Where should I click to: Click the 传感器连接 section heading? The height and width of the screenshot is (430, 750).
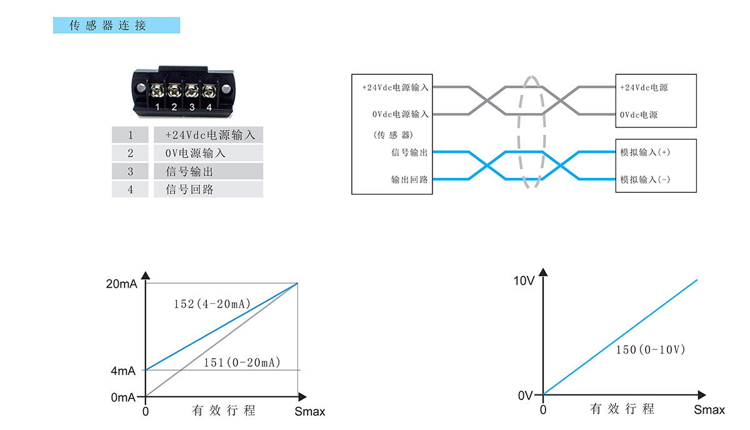click(x=116, y=26)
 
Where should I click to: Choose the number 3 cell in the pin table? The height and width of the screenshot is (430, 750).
click(x=130, y=172)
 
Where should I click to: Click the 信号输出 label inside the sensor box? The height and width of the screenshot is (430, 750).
click(x=409, y=152)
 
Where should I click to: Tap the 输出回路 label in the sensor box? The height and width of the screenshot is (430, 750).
click(x=409, y=180)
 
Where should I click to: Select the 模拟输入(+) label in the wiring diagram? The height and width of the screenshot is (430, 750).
click(x=645, y=152)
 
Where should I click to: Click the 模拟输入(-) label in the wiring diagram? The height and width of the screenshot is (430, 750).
click(x=645, y=180)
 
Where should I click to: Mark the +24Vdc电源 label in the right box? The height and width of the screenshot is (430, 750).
click(x=644, y=87)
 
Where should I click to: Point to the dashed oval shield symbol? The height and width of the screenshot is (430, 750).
click(x=531, y=132)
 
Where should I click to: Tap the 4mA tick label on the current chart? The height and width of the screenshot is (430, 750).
click(x=123, y=371)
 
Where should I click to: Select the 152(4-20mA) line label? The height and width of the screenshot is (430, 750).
click(x=212, y=304)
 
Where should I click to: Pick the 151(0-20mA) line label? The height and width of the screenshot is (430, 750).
click(x=242, y=363)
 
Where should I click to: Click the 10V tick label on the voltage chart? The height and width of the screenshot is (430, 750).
click(x=524, y=281)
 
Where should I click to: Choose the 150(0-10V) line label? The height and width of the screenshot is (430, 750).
click(x=650, y=350)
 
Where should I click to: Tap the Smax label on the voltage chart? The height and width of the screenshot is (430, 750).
click(x=709, y=410)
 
